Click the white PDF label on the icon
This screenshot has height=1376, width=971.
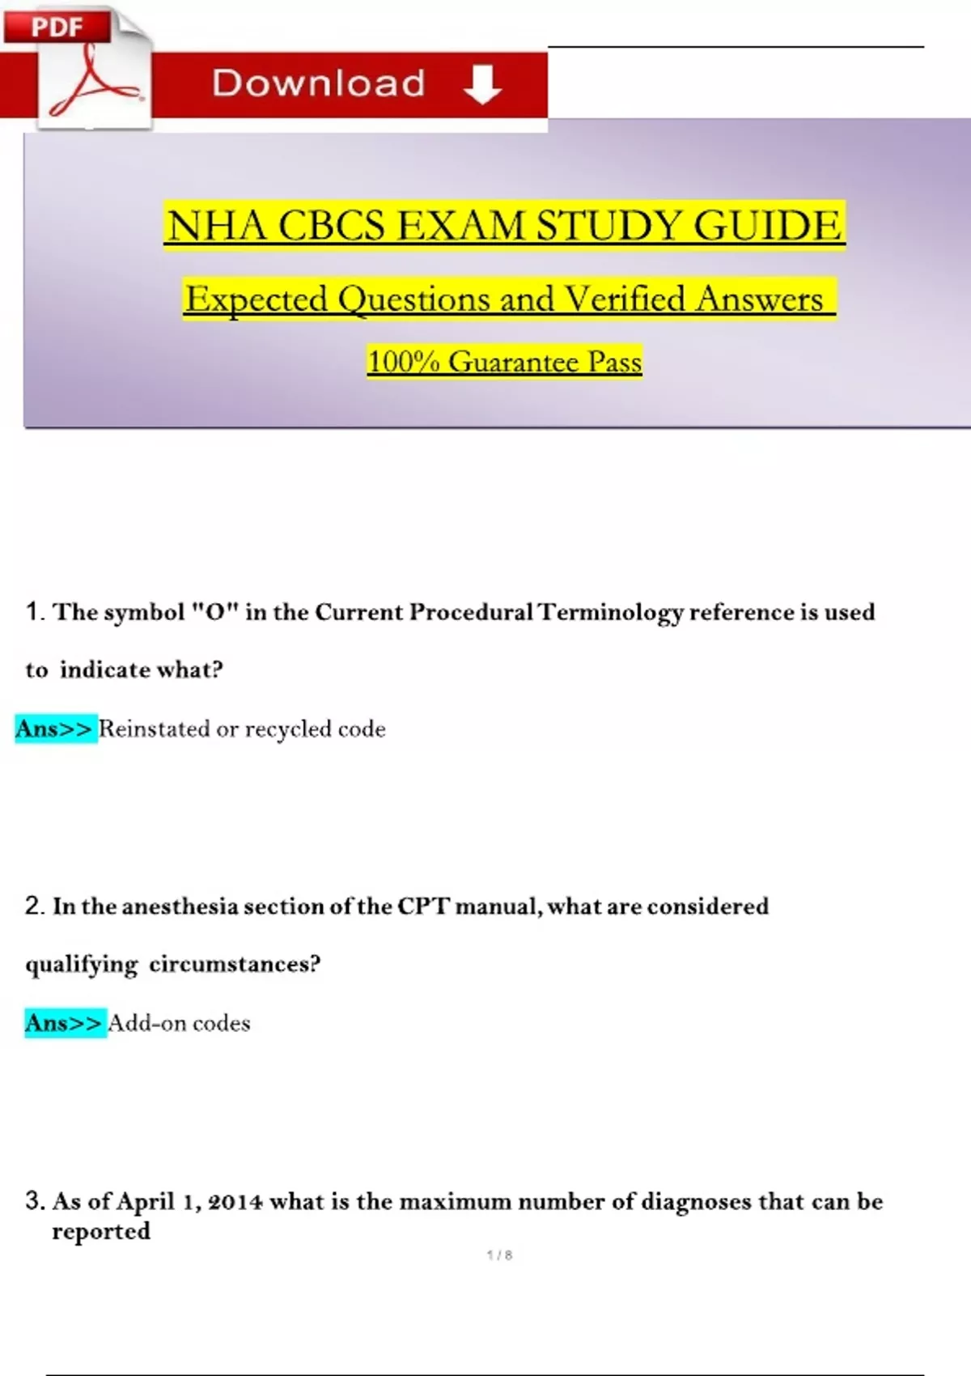[x=57, y=27]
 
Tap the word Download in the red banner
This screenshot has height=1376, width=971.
[x=318, y=83]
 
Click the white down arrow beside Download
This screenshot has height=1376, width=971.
[x=482, y=84]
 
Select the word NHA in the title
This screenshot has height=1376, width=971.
[x=216, y=226]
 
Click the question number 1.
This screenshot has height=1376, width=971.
[x=32, y=612]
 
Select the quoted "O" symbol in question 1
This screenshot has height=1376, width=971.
[x=215, y=612]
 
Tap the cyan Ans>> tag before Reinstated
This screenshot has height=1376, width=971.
[x=55, y=728]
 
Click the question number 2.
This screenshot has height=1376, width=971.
[x=32, y=906]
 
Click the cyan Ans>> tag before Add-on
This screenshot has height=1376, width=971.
[x=65, y=1023]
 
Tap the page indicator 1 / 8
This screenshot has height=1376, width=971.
[x=499, y=1255]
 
